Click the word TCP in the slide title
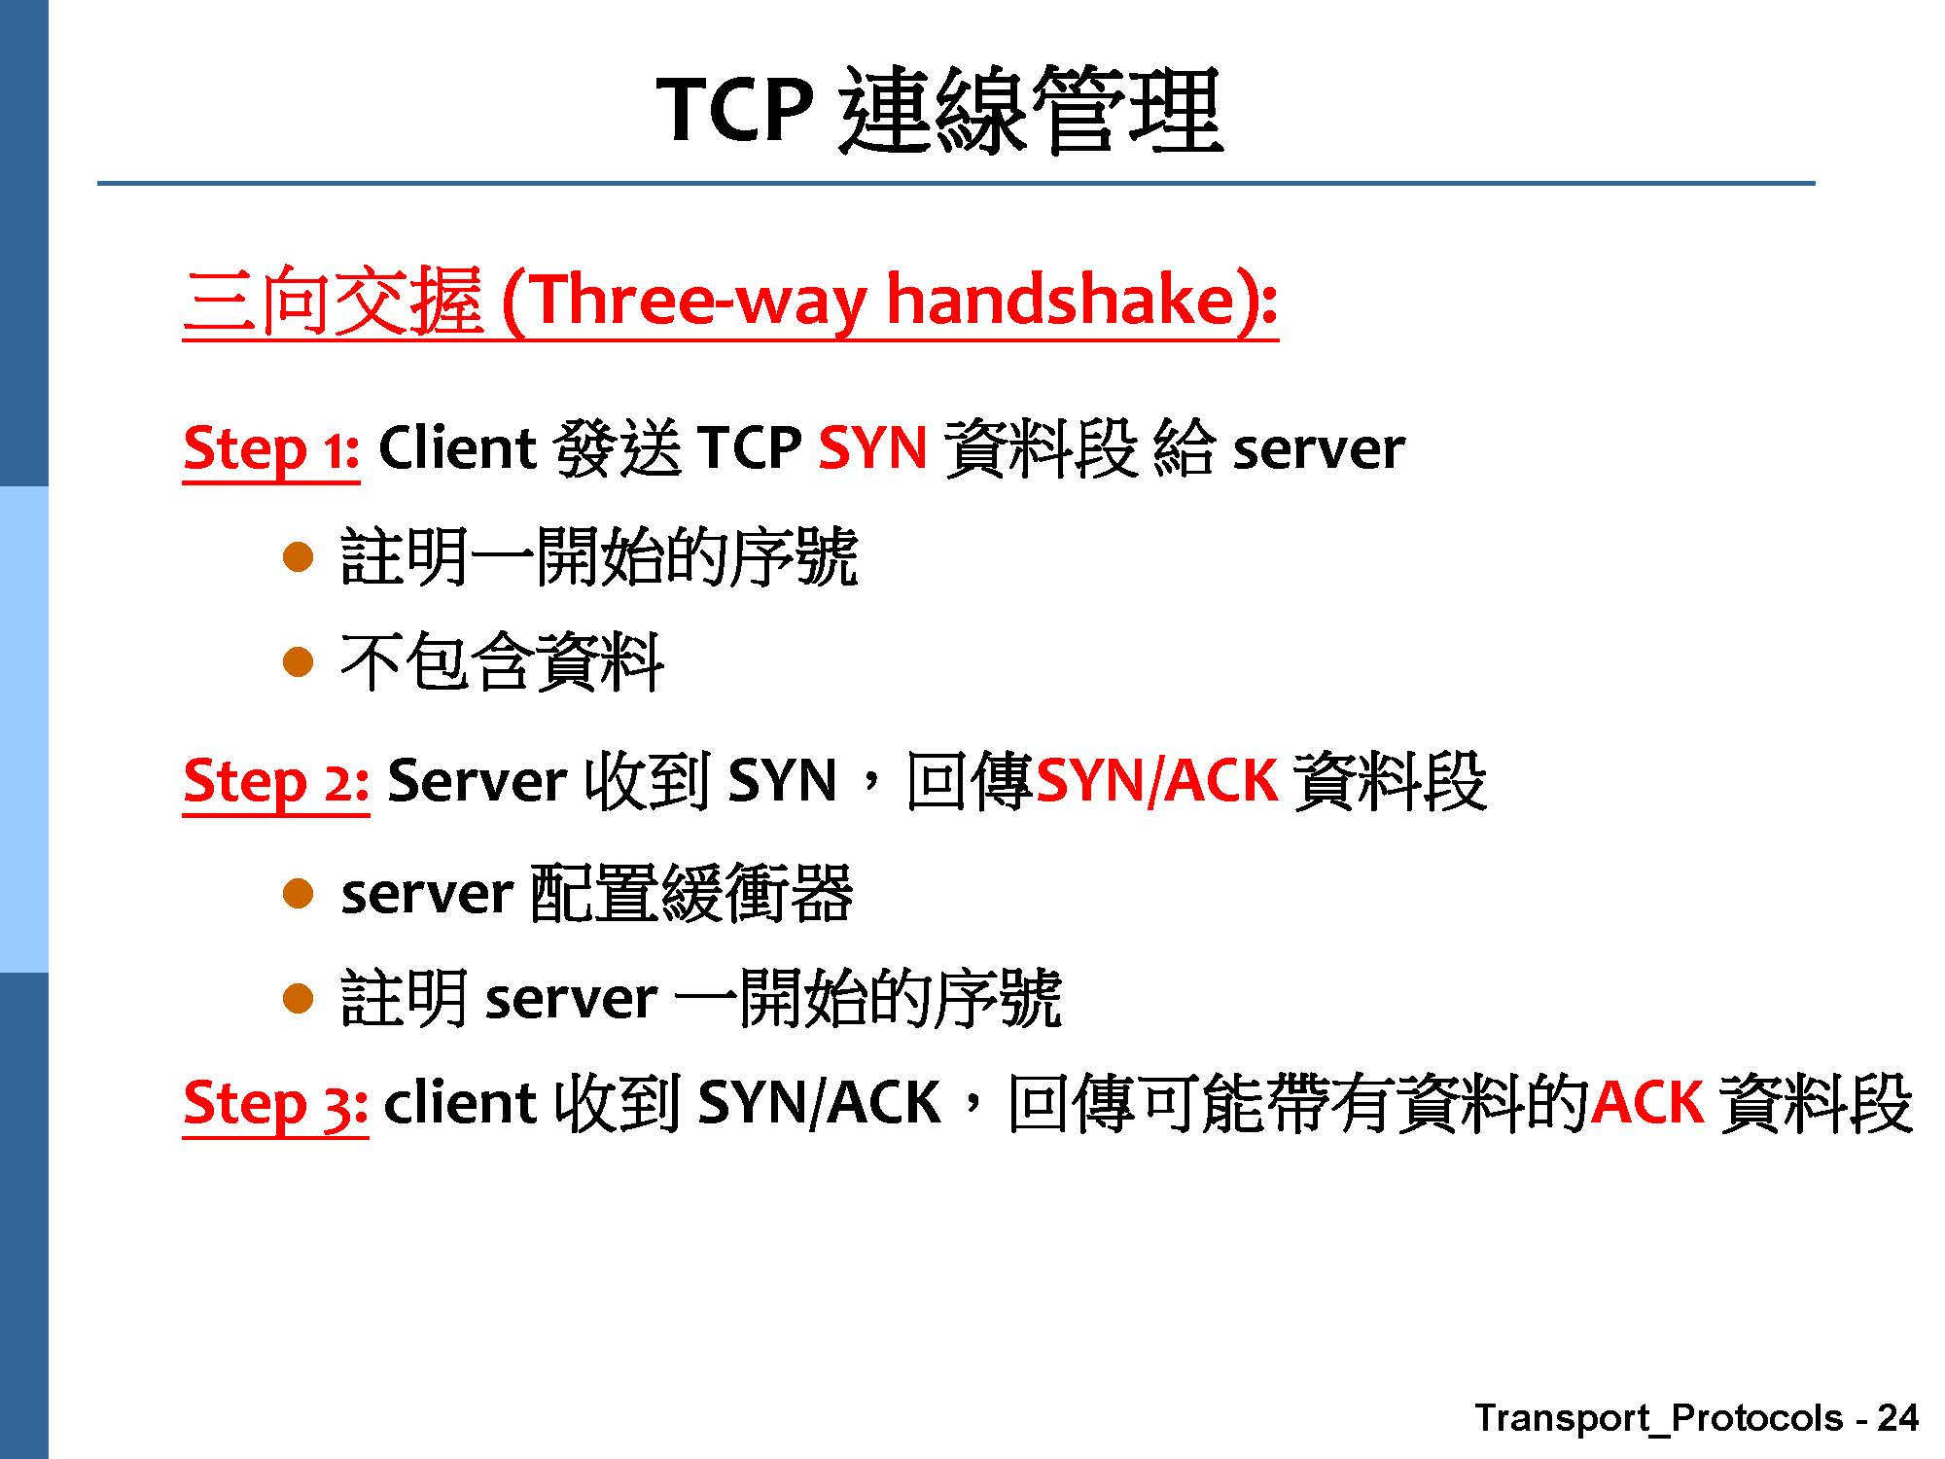(x=735, y=109)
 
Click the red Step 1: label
(x=271, y=449)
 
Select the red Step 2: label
(x=276, y=782)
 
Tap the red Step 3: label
(x=276, y=1104)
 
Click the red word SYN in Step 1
(x=872, y=448)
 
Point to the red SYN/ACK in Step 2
(x=1157, y=781)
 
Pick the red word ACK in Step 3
(x=1647, y=1102)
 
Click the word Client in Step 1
(x=457, y=448)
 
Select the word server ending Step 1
(x=1318, y=452)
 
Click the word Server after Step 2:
(x=477, y=781)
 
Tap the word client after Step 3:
(x=459, y=1103)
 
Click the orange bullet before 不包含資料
(x=298, y=663)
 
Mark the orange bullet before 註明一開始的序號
(x=298, y=557)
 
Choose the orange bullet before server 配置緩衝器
(x=298, y=894)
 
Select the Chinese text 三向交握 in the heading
(x=333, y=301)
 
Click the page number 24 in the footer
(x=1897, y=1418)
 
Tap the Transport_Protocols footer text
(x=1659, y=1419)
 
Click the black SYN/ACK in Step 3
(x=819, y=1103)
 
